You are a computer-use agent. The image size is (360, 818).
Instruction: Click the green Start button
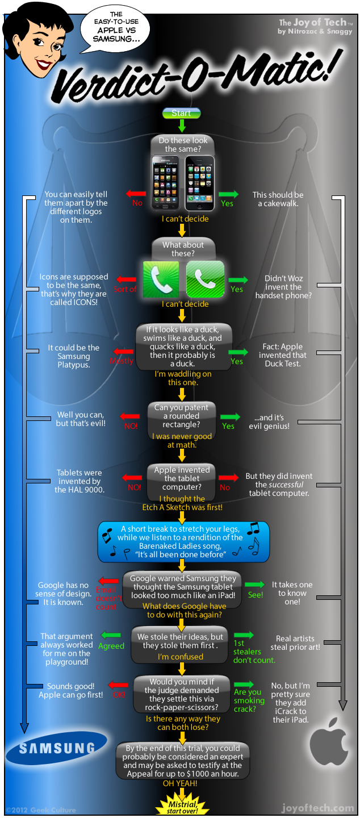181,113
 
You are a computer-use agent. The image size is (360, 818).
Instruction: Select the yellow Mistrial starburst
181,805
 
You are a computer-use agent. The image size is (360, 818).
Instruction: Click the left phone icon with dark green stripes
160,279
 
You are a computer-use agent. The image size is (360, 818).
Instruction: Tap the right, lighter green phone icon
205,279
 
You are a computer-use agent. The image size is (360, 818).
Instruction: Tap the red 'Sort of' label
125,289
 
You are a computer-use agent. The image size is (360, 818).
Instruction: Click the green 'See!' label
256,595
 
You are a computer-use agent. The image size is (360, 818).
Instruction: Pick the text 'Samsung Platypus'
74,356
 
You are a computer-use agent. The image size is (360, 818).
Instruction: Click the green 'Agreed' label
111,646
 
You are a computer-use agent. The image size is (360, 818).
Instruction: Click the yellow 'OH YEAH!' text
181,783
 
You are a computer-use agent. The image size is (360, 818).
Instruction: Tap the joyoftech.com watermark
317,808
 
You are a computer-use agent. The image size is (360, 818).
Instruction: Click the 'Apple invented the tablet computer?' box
182,478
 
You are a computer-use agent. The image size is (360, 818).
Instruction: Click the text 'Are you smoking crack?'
249,700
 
